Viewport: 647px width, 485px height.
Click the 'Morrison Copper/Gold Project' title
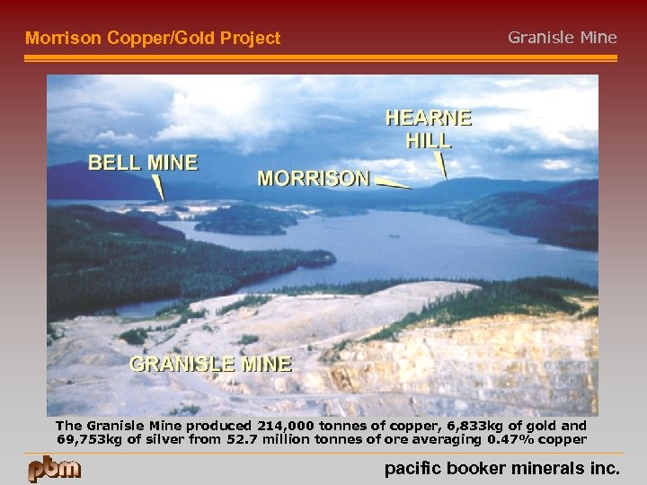point(153,38)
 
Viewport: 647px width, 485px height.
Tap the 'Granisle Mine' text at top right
point(563,37)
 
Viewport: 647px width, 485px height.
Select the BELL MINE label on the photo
point(142,163)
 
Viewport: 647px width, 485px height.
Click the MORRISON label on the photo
point(313,178)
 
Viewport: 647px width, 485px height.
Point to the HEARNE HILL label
point(429,128)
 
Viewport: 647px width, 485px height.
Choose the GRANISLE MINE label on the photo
point(210,364)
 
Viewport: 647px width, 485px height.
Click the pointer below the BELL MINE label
point(158,188)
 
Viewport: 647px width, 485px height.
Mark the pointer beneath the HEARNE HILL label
point(440,165)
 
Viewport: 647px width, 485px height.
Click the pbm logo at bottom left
point(54,469)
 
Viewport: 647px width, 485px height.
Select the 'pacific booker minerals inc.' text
point(501,468)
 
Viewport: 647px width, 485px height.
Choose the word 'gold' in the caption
point(545,426)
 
